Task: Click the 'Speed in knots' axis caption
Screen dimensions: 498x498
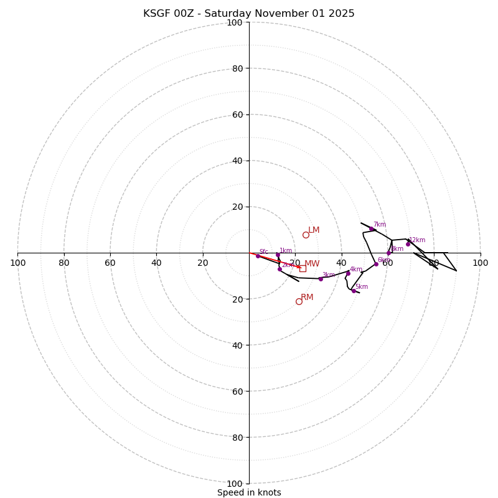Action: point(249,493)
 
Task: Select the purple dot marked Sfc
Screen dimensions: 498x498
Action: point(258,256)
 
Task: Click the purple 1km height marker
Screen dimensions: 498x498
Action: point(278,255)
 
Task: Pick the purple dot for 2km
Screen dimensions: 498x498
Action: point(280,269)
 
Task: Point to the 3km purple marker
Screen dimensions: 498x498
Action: point(321,279)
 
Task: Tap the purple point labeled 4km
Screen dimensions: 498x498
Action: point(348,273)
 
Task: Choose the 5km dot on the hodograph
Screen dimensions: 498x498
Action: point(354,291)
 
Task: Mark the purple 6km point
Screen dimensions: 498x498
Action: point(376,264)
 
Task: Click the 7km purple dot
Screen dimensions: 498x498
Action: point(372,229)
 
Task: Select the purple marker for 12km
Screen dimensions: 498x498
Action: point(408,244)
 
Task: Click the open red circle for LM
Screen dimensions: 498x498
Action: point(306,235)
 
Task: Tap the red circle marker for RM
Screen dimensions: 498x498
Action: point(299,301)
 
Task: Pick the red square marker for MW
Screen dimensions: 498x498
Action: point(303,268)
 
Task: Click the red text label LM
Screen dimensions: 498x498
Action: point(314,230)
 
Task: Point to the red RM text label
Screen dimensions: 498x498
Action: point(307,298)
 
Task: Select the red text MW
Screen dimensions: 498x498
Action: point(312,264)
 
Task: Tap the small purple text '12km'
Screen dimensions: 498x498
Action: point(417,240)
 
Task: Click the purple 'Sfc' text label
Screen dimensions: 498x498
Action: point(263,252)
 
